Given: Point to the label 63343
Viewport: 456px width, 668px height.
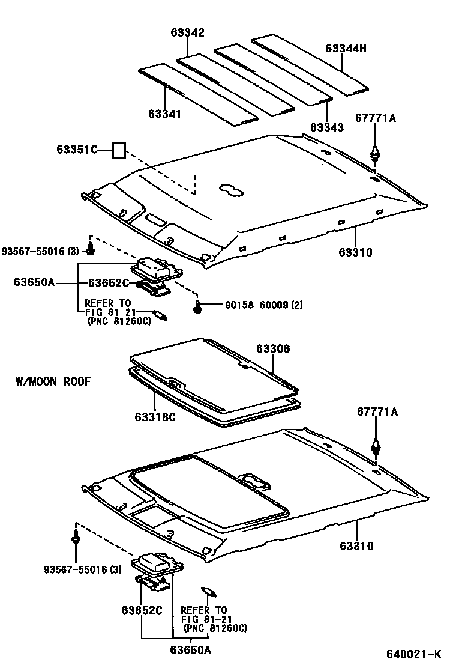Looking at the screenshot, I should coord(327,127).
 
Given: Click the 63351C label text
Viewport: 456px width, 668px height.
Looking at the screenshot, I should coord(77,150).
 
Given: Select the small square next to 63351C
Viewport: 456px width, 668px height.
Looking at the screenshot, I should coord(119,150).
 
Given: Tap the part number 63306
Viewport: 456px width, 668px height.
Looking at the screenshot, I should coord(273,348).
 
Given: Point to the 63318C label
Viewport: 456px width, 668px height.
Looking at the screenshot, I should coord(155,417).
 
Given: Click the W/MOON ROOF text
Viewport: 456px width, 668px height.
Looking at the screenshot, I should coord(53,381).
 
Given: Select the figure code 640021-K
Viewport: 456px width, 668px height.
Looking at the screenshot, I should coord(413,654).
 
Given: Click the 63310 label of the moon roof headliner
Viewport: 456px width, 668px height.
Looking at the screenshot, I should coord(356,546).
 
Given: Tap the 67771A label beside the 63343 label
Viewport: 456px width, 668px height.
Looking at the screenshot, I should coord(376,118).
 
